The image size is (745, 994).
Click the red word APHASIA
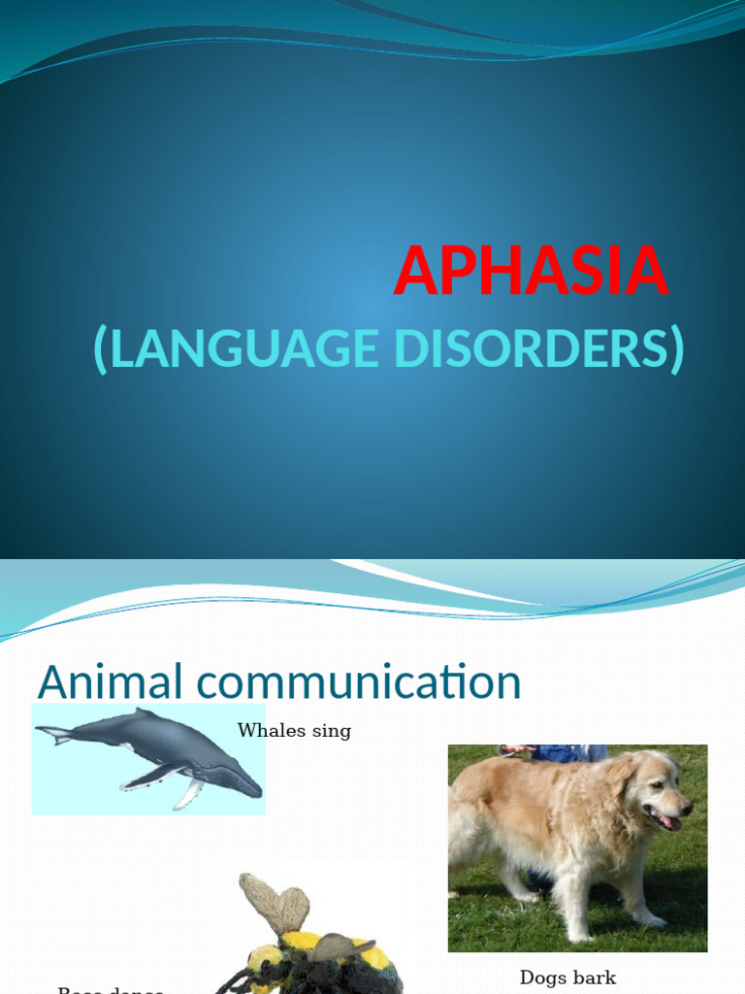coord(531,272)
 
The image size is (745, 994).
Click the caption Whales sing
coord(294,731)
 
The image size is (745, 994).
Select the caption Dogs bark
coord(567,977)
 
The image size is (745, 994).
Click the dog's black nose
coord(687,806)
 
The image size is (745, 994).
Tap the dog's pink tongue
coord(669,823)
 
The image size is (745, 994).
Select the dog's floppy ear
coord(621,791)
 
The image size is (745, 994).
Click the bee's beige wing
coord(276,901)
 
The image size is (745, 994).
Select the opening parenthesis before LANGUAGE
coord(101,350)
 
